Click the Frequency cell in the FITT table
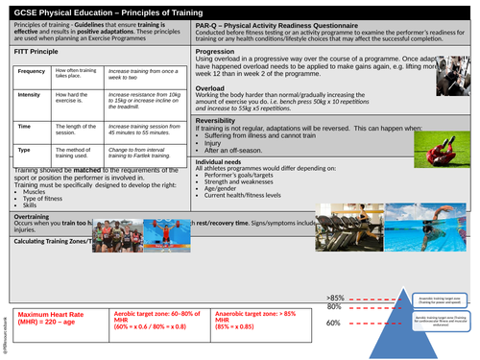click(32, 73)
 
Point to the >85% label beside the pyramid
click(335, 299)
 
